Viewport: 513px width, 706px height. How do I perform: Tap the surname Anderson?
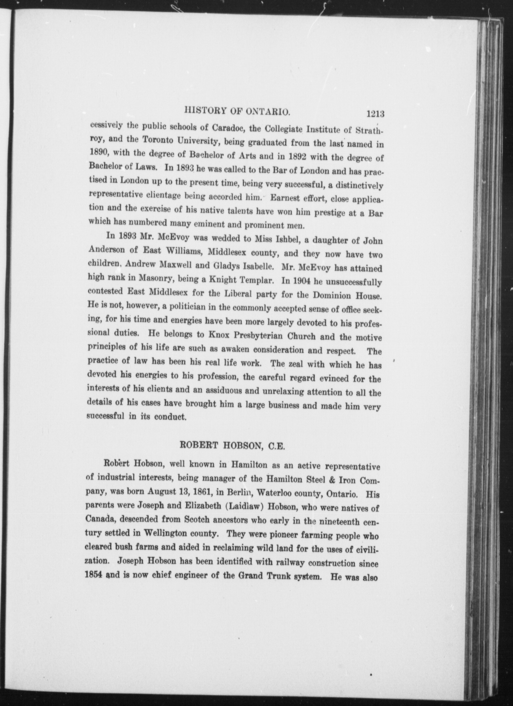tap(104, 250)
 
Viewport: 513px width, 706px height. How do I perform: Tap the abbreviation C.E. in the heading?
tap(276, 447)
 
